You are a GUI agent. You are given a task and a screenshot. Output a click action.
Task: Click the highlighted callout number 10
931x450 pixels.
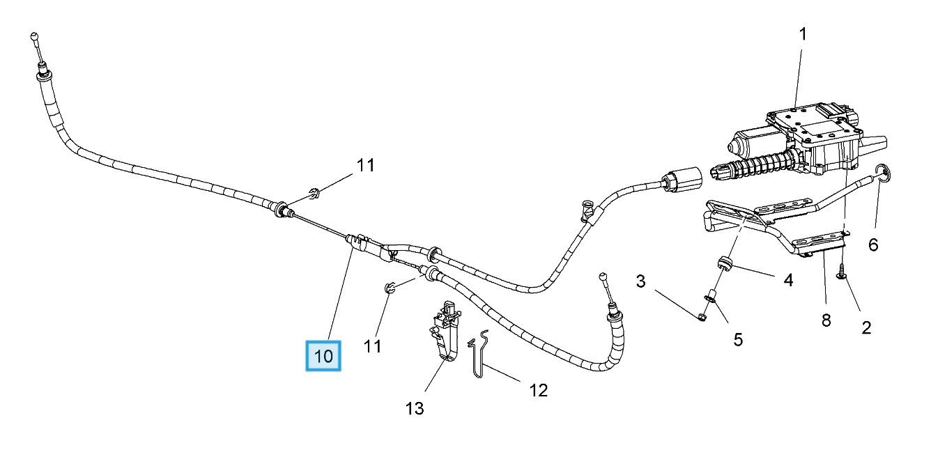pyautogui.click(x=323, y=357)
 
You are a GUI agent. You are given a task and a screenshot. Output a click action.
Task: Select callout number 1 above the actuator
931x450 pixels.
pyautogui.click(x=802, y=33)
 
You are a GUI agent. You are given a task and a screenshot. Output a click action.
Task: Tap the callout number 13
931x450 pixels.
pyautogui.click(x=414, y=408)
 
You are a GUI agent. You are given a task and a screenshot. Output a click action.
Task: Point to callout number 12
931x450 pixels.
pyautogui.click(x=538, y=390)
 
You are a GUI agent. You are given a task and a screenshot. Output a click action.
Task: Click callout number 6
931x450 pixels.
pyautogui.click(x=872, y=245)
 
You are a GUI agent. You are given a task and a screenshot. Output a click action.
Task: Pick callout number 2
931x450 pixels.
pyautogui.click(x=866, y=327)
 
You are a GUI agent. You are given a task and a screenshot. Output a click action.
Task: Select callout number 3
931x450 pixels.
pyautogui.click(x=640, y=281)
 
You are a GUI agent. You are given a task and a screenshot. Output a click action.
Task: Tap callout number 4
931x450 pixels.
pyautogui.click(x=787, y=280)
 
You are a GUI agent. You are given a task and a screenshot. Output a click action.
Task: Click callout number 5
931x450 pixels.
pyautogui.click(x=737, y=339)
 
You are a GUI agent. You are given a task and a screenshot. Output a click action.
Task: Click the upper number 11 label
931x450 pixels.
pyautogui.click(x=366, y=166)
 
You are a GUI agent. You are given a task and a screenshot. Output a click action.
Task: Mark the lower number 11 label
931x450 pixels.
pyautogui.click(x=373, y=345)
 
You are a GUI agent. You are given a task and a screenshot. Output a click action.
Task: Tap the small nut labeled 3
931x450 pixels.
pyautogui.click(x=702, y=318)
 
